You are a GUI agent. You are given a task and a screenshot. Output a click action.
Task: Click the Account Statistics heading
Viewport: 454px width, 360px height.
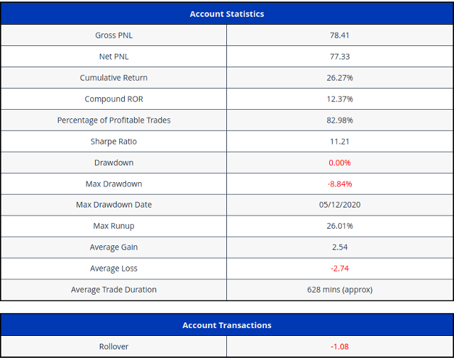click(x=227, y=14)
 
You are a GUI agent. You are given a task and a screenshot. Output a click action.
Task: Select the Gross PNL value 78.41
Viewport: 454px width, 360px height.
click(x=339, y=35)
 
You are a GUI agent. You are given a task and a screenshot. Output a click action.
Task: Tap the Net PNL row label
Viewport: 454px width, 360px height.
click(x=113, y=57)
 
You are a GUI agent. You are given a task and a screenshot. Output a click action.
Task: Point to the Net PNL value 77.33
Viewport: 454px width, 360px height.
click(x=340, y=57)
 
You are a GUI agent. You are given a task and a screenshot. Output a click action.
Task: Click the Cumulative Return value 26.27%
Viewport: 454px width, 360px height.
click(x=340, y=78)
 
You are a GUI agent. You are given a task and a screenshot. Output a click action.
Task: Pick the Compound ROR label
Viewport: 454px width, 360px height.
click(x=113, y=99)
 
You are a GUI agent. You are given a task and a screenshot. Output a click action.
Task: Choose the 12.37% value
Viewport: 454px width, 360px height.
click(x=340, y=99)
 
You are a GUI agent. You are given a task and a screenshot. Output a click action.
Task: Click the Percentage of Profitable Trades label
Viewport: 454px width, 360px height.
click(x=113, y=120)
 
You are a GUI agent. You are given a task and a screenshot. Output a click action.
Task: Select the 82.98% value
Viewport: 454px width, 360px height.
click(x=340, y=120)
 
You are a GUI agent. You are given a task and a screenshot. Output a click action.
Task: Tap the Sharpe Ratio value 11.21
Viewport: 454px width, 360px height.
click(x=339, y=142)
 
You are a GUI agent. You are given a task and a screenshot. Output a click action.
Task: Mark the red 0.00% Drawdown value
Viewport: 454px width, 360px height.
click(x=339, y=163)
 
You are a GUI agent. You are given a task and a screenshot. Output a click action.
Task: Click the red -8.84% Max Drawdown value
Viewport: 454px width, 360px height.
click(x=340, y=184)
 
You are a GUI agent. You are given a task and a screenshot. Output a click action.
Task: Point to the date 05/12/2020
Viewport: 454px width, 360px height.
click(x=340, y=205)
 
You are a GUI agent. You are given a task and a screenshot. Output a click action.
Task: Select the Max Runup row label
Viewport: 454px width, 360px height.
click(x=113, y=226)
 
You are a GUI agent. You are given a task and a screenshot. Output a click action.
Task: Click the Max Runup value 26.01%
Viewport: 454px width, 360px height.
click(x=340, y=226)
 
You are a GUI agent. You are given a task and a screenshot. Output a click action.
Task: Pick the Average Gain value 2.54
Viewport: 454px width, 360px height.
click(x=340, y=247)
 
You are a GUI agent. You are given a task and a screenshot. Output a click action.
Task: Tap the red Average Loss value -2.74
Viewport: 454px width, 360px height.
click(x=340, y=269)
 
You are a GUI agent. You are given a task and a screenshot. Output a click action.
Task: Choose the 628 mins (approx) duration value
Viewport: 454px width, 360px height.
click(x=340, y=290)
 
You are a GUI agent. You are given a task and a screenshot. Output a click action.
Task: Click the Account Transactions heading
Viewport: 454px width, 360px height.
click(x=227, y=325)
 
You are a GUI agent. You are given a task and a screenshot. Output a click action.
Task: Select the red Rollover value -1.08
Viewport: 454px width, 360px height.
click(x=340, y=347)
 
